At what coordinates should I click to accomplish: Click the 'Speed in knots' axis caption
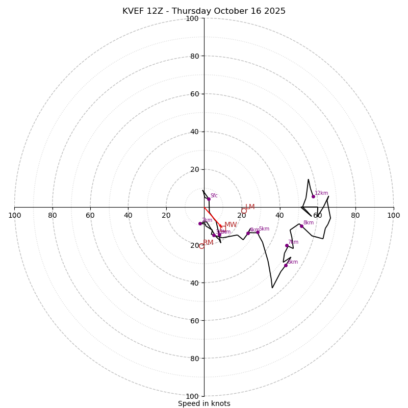(x=204, y=403)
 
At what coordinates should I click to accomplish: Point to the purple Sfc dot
(x=209, y=199)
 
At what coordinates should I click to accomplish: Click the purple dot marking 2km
(x=200, y=223)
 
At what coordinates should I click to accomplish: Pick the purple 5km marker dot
(x=258, y=232)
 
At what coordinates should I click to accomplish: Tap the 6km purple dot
(x=286, y=265)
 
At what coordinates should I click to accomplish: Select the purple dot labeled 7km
(x=287, y=245)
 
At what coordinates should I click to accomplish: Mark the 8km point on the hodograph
(x=301, y=226)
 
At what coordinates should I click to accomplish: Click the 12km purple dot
(x=313, y=196)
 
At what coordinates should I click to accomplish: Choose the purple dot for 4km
(x=248, y=233)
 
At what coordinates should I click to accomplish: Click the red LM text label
(x=250, y=207)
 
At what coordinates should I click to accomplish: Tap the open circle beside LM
(x=244, y=211)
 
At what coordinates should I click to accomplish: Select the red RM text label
(x=208, y=243)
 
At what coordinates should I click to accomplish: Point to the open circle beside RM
(x=201, y=246)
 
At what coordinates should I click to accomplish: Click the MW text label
(x=231, y=225)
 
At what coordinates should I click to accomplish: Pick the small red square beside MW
(x=223, y=228)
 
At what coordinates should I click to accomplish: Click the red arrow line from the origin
(x=213, y=216)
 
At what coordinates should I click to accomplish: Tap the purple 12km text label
(x=321, y=193)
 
